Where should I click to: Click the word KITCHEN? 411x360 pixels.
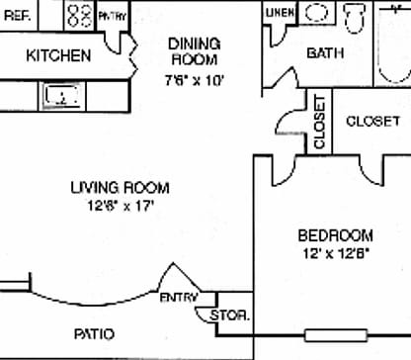[59, 54]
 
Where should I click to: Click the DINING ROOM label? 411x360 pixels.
[194, 51]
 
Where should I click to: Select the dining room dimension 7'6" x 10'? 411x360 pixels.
[194, 78]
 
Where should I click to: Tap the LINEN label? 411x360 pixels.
[281, 13]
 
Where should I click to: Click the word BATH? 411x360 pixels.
[325, 53]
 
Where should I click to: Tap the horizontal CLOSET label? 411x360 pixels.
[372, 122]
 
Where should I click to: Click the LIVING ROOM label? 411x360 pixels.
[120, 187]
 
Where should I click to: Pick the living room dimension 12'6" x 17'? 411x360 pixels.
[120, 206]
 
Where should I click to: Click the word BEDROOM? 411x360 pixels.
[336, 235]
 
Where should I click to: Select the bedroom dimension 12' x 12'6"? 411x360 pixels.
[336, 254]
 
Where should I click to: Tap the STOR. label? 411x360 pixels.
[232, 316]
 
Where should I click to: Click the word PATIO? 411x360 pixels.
[94, 333]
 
